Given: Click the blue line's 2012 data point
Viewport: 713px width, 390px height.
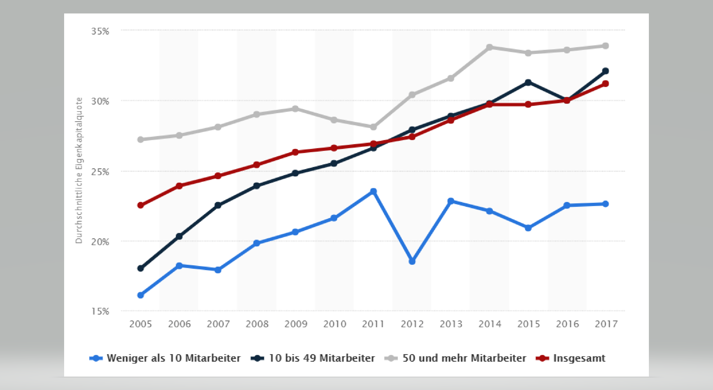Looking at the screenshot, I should point(412,261).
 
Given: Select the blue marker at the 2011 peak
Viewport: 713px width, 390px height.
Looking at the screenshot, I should point(373,192).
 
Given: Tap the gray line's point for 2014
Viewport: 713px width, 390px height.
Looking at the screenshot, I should point(490,47).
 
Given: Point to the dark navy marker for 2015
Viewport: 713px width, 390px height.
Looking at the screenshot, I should point(528,83).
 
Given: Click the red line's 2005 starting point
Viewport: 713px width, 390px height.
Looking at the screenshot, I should point(140,205).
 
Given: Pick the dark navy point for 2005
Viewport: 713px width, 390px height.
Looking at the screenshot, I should point(140,268).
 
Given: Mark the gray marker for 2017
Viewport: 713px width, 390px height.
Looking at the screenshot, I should point(605,46).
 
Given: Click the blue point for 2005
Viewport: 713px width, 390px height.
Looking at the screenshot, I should point(140,295).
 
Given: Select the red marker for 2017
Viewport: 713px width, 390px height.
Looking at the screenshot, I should point(605,83).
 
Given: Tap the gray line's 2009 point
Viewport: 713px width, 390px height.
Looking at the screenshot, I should point(296,109).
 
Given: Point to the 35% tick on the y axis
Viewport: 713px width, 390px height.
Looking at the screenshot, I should point(100,31).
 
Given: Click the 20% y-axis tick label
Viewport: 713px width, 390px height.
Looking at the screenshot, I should point(100,242).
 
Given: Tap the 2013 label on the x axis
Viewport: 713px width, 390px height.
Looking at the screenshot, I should point(451,324).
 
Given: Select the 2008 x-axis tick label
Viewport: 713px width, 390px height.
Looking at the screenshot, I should point(257,324).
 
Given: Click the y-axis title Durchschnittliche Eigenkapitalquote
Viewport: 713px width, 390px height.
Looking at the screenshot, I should point(79,171).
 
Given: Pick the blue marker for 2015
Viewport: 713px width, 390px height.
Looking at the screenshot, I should point(528,228).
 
